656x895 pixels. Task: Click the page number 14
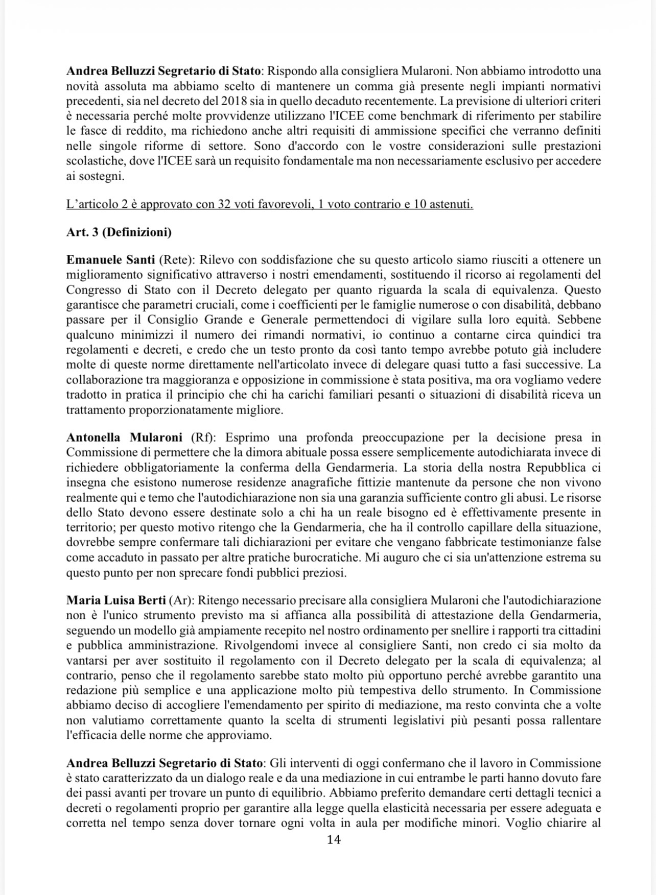pos(333,840)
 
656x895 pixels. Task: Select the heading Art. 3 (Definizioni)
pos(119,233)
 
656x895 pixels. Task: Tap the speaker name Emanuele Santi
pos(110,260)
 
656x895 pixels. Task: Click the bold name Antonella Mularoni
pos(124,438)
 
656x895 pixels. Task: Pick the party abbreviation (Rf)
pos(203,438)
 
